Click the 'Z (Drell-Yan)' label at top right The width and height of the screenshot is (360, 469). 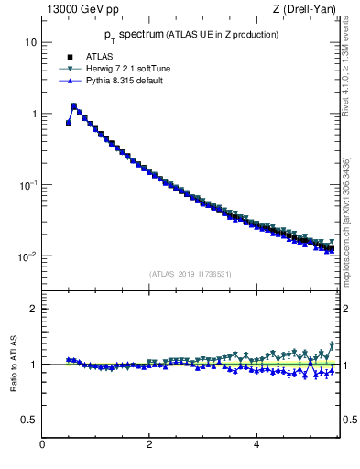click(x=304, y=10)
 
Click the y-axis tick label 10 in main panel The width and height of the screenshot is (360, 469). click(x=31, y=43)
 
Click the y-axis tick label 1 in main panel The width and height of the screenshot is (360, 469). click(x=34, y=114)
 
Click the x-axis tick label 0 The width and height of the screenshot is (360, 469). click(x=42, y=445)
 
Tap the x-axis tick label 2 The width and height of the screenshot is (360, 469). click(x=149, y=445)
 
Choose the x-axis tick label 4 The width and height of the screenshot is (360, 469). click(x=256, y=445)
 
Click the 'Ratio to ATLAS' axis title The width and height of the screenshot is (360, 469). click(x=12, y=364)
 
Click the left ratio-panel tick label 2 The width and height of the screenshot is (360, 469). click(x=34, y=309)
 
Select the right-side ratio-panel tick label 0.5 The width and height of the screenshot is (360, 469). click(x=349, y=420)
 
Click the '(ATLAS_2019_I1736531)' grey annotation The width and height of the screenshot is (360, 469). click(x=191, y=274)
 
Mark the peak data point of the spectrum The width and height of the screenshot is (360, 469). click(x=74, y=106)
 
